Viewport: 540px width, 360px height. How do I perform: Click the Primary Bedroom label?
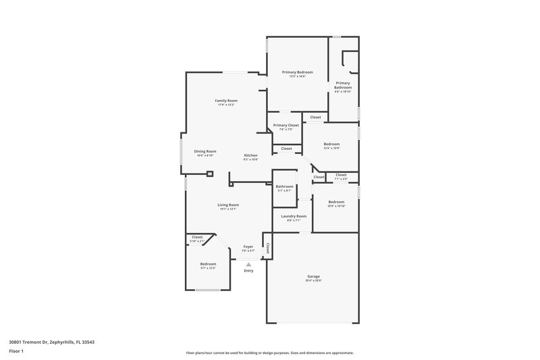(x=298, y=72)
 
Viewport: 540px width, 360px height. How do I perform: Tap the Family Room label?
(x=226, y=101)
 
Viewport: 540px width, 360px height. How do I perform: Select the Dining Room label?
(x=205, y=151)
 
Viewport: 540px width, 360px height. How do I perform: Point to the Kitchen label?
(x=250, y=155)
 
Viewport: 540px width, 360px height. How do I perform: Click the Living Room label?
(x=228, y=205)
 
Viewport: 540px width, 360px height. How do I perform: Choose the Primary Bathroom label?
(x=343, y=85)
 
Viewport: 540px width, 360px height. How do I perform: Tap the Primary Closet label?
(x=286, y=125)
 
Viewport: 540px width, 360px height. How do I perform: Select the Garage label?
(x=313, y=276)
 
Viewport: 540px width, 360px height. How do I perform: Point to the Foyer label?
(x=248, y=247)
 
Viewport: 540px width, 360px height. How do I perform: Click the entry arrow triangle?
(x=248, y=265)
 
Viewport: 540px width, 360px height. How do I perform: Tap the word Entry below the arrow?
(x=248, y=271)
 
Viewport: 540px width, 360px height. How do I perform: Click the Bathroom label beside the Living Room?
(x=284, y=186)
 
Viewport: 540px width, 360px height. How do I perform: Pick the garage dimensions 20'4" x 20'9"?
(x=313, y=280)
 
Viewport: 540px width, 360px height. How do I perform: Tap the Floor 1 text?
(x=16, y=351)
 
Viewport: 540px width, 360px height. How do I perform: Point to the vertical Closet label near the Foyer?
(x=268, y=248)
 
